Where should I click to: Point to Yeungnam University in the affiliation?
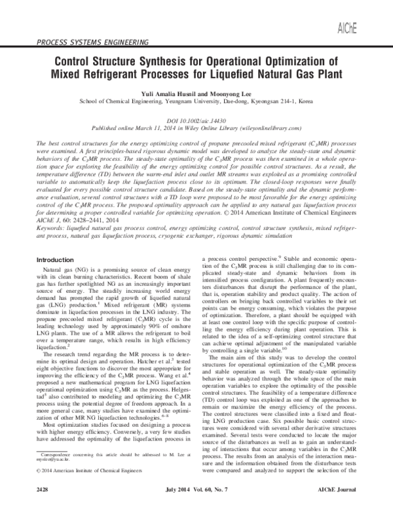pyautogui.click(x=187, y=102)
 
